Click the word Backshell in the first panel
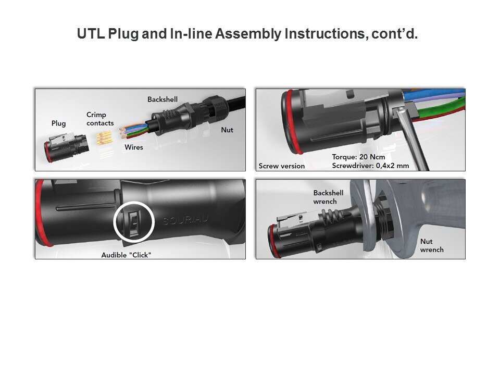click(162, 99)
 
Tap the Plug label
click(59, 123)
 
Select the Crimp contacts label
click(100, 119)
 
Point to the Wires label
click(134, 147)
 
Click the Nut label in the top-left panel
click(227, 130)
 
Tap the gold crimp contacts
click(104, 139)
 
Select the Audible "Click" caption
click(126, 255)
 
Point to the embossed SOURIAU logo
click(185, 219)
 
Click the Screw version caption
click(282, 166)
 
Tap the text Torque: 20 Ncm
click(358, 157)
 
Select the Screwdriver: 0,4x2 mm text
click(370, 166)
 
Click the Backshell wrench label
click(329, 197)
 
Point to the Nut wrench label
click(432, 245)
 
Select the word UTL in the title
click(91, 33)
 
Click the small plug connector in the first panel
click(66, 147)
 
